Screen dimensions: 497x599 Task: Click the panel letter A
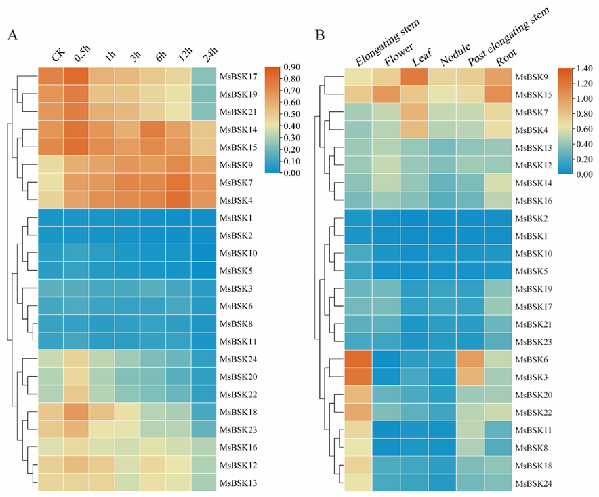click(12, 35)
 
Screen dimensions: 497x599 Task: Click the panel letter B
click(320, 35)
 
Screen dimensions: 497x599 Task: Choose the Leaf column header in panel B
click(422, 57)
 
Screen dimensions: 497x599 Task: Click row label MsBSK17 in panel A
click(238, 77)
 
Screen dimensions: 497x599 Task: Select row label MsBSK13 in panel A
click(238, 483)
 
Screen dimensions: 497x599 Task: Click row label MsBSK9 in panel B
click(531, 77)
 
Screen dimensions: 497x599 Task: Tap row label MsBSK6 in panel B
click(531, 359)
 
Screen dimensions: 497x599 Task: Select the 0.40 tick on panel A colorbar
click(292, 126)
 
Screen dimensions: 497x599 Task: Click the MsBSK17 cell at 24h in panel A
click(204, 76)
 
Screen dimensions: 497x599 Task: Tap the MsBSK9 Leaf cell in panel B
click(414, 77)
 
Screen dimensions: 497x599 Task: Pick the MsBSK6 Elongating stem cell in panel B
click(358, 359)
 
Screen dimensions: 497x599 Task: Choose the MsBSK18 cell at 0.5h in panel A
click(76, 412)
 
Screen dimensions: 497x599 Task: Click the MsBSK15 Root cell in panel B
click(498, 94)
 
